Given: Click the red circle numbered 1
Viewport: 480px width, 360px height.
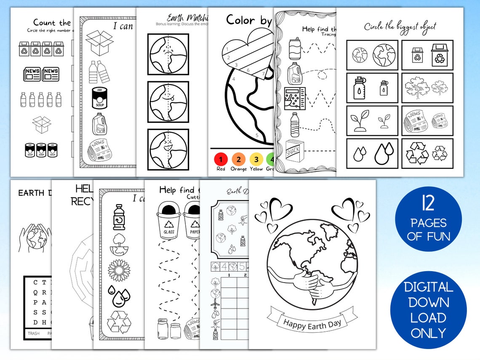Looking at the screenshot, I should coord(221,160).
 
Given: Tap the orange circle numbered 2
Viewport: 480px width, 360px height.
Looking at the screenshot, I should coord(239,160).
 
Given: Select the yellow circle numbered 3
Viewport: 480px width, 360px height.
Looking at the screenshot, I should coord(256,160).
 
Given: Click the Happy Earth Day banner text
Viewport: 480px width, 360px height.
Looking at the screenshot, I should coord(312,323).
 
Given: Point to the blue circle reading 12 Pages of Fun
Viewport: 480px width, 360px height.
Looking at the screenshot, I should coord(428,219).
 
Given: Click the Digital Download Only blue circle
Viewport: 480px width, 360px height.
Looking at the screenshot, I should coord(428,310).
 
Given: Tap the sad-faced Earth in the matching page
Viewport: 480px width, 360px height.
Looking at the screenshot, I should coord(168,53).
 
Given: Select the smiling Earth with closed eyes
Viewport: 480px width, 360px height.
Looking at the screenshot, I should coord(168,149).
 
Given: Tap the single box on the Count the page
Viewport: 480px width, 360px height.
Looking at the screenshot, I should coord(42,125).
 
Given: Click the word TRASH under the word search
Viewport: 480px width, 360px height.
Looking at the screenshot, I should coord(34,333).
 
